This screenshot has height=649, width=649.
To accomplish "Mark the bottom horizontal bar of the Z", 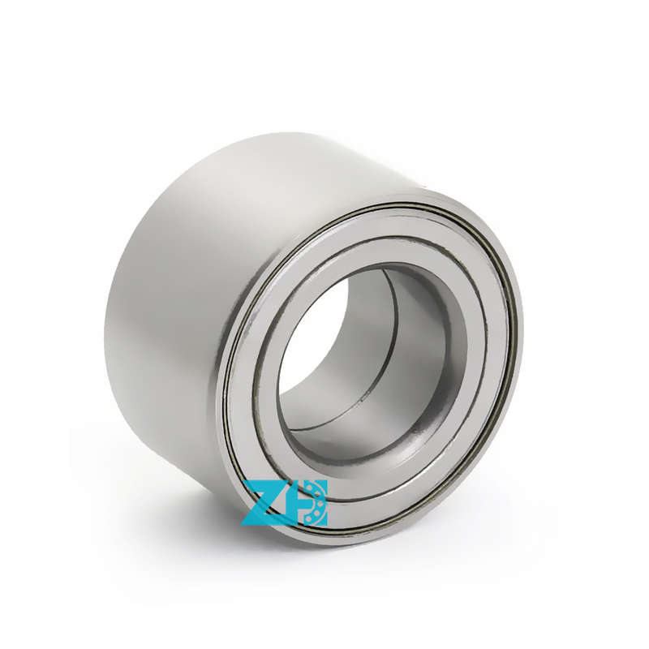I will pos(264,520).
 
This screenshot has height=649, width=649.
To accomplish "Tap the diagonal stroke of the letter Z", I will pos(264,502).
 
